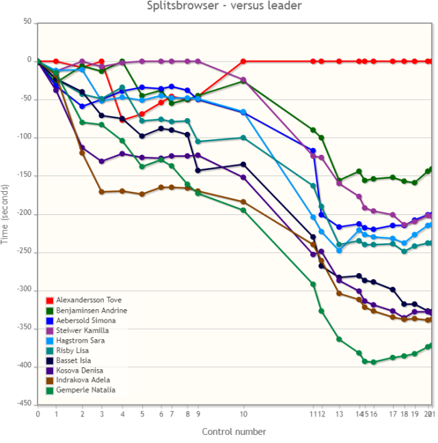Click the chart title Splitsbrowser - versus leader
point(224,6)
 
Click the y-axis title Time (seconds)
point(6,213)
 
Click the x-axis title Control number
point(234,431)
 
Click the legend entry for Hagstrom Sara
point(79,340)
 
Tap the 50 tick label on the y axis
point(27,23)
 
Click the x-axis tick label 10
point(244,414)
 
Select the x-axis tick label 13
point(339,414)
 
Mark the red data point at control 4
point(122,119)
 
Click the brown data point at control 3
point(101,192)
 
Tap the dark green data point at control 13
point(339,180)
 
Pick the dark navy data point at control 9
point(198,171)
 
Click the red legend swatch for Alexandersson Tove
point(49,300)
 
